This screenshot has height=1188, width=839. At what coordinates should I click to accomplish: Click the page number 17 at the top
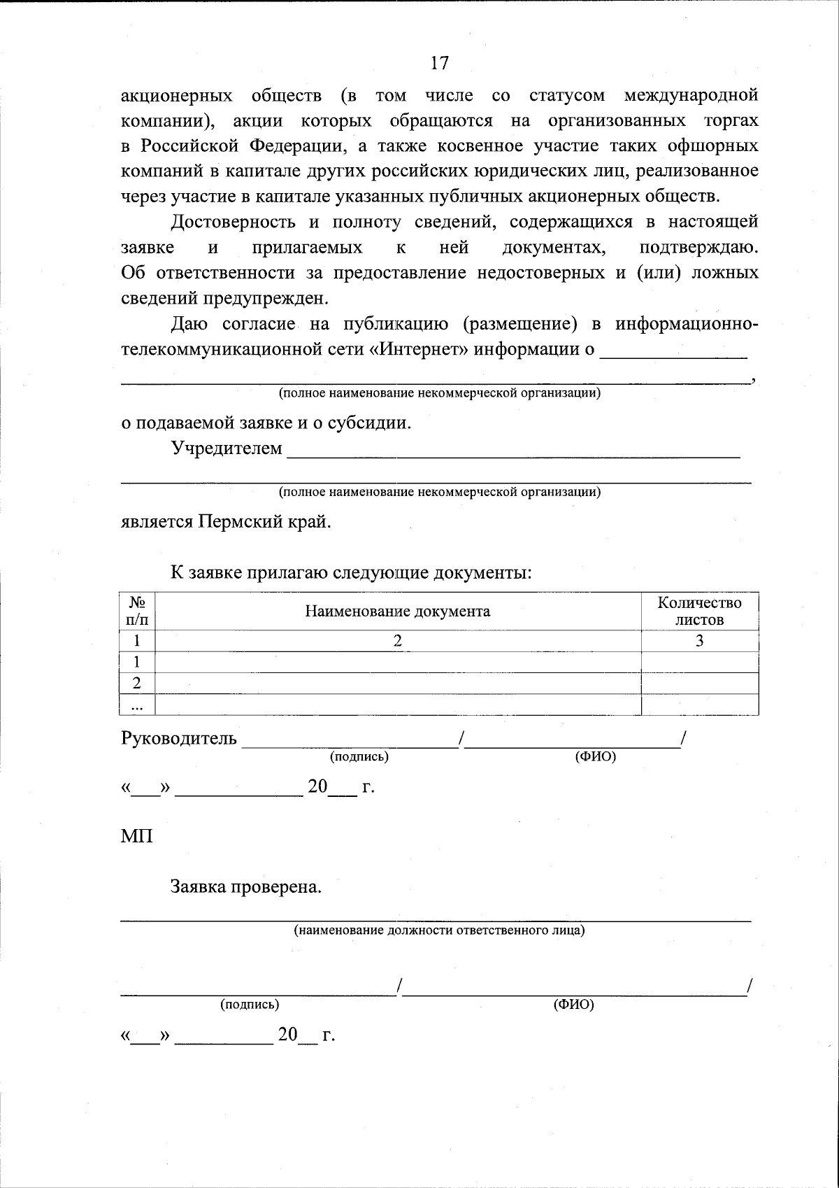pos(439,64)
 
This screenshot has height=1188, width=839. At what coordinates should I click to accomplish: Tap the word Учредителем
pos(227,448)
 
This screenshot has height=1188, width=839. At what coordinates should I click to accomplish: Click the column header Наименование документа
pos(397,611)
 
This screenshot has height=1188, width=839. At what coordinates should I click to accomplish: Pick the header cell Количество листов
pos(699,611)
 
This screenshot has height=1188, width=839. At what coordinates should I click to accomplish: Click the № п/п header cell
pos(137,611)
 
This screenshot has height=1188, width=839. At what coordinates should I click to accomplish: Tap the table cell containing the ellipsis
pos(137,705)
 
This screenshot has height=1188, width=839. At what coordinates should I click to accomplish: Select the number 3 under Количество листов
pos(699,641)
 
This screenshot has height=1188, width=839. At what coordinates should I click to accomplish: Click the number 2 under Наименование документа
pos(397,641)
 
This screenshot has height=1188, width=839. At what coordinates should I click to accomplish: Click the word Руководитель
pos(179,739)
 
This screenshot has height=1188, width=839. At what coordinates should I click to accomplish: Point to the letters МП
pos(137,835)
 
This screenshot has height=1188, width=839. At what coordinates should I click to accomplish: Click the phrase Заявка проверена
pos(246,888)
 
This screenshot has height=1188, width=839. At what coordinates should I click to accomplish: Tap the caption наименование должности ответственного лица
pos(439,931)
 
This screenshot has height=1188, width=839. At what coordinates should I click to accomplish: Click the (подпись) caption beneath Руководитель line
pos(359,756)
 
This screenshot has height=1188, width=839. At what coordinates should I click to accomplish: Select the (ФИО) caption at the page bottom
pos(573,1005)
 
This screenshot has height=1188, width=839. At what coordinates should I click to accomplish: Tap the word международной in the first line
pos(691,95)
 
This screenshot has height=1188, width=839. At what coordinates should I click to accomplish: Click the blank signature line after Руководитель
pos(350,743)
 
